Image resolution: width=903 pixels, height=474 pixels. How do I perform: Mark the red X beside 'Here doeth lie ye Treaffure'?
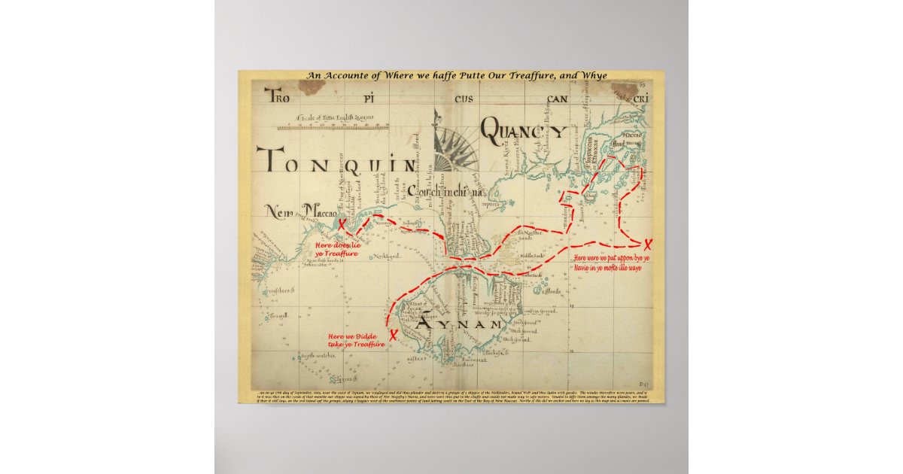342,224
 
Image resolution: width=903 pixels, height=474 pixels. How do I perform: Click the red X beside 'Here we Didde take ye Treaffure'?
393,335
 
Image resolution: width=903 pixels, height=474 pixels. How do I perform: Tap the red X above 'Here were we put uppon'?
648,243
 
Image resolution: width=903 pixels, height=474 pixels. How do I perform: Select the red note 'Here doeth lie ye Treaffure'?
337,249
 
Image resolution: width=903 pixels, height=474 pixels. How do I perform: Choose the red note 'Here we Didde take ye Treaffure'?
356,340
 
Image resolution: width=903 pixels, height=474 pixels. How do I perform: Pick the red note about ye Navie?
612,263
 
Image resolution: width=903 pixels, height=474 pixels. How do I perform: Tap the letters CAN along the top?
558,99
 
